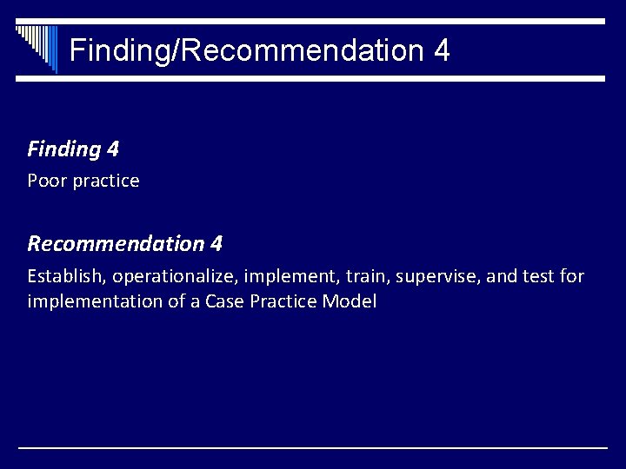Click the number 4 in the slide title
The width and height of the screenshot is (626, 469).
[x=440, y=50]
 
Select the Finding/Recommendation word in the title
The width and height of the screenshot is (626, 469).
[x=245, y=50]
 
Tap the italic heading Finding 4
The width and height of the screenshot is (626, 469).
[x=73, y=149]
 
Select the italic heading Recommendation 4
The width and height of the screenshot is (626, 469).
[x=124, y=243]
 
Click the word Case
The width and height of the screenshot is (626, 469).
[x=222, y=303]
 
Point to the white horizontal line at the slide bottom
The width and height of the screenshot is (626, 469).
[x=313, y=448]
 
